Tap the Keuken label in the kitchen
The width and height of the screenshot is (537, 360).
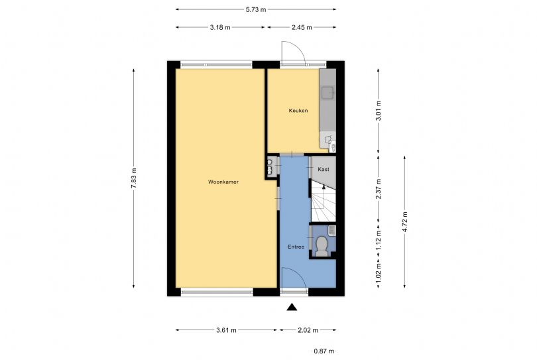tap(298, 111)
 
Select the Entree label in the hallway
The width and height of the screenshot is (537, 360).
tap(296, 247)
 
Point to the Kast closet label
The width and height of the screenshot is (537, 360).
tap(324, 170)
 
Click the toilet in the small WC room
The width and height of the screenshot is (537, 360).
tap(322, 245)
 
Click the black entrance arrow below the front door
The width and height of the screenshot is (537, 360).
tap(291, 306)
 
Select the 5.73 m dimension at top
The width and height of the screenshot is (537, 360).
tap(255, 9)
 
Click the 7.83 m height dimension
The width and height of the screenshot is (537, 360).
tap(134, 179)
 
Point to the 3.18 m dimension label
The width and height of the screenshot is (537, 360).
tap(220, 28)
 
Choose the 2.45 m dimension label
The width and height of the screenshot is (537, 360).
tap(301, 28)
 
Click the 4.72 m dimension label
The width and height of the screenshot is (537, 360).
tap(405, 221)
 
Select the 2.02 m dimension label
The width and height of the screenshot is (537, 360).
tap(307, 330)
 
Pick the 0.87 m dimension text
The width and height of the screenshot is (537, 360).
tap(324, 351)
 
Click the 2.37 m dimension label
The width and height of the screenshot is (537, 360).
tap(379, 189)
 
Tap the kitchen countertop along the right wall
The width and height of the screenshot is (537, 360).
tap(328, 109)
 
